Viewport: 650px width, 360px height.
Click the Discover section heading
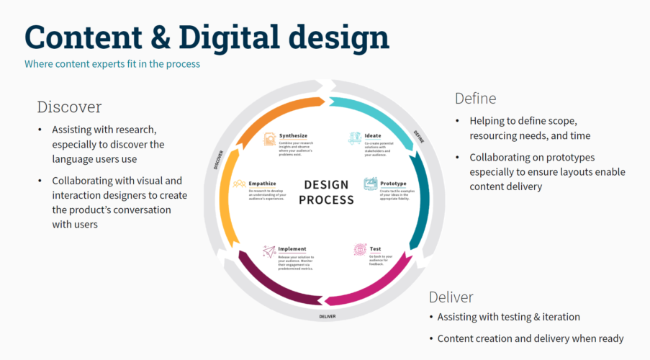point(69,107)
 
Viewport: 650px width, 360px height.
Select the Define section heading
point(475,98)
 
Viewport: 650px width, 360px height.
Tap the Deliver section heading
point(451,297)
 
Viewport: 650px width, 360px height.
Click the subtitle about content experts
point(112,64)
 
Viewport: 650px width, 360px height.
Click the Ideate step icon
point(355,138)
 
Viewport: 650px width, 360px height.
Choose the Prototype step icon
point(370,184)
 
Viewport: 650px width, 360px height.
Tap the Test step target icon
point(359,249)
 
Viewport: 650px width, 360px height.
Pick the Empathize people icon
point(239,185)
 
